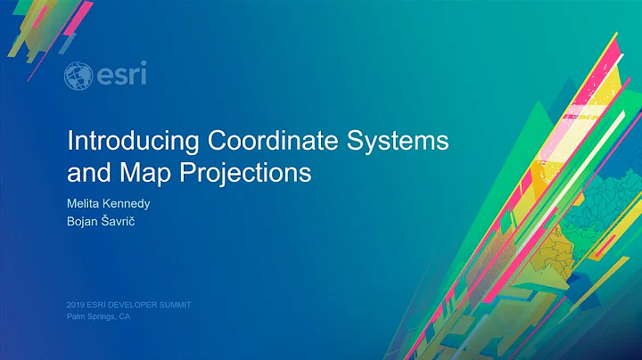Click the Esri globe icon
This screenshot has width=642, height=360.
(x=78, y=76)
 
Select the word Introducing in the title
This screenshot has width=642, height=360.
(x=135, y=141)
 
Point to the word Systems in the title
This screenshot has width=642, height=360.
(x=397, y=141)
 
